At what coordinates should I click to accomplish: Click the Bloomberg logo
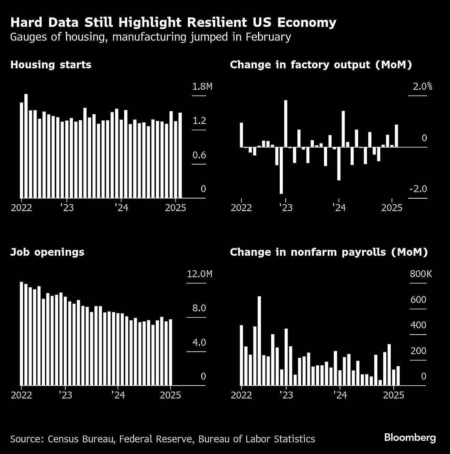pyautogui.click(x=409, y=437)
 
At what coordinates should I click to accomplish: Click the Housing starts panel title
pyautogui.click(x=51, y=65)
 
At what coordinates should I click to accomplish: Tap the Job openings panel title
pyautogui.click(x=47, y=252)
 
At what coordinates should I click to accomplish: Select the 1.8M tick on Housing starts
pyautogui.click(x=202, y=87)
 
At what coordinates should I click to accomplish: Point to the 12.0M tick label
pyautogui.click(x=199, y=274)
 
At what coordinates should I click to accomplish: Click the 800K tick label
pyautogui.click(x=421, y=274)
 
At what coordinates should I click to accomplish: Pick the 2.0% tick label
pyautogui.click(x=422, y=87)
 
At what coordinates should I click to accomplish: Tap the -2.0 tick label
pyautogui.click(x=418, y=189)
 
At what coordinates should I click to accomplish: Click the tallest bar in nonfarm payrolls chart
pyautogui.click(x=259, y=340)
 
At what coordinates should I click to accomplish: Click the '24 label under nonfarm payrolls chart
pyautogui.click(x=339, y=395)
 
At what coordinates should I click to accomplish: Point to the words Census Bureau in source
pyautogui.click(x=77, y=439)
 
